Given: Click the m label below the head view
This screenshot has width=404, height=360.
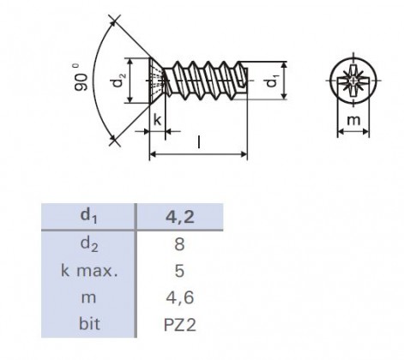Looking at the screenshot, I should coord(353,121).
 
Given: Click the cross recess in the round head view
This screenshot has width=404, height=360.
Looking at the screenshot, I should coord(353,81).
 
